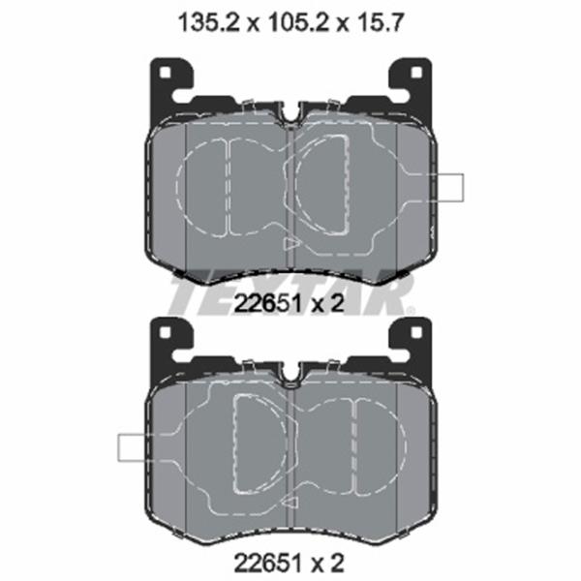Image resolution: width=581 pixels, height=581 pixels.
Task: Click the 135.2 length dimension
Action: click(209, 23)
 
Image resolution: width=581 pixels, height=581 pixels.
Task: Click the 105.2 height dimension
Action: click(298, 23)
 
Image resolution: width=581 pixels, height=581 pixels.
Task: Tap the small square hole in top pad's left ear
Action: click(166, 73)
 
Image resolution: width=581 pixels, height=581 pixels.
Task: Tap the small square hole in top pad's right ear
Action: click(416, 73)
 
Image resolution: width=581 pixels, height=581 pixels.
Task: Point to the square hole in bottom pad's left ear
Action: click(166, 332)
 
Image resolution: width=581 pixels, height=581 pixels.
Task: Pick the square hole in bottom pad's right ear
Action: click(416, 332)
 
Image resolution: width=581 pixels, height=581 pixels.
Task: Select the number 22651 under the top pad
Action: click(267, 304)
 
